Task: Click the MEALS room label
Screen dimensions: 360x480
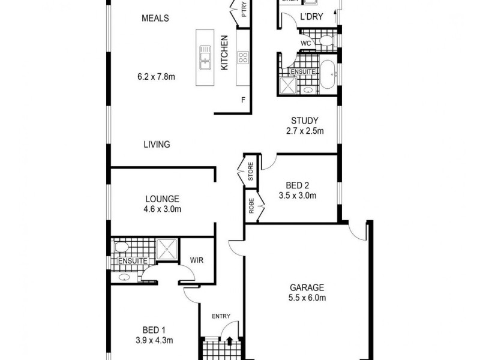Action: tap(155, 18)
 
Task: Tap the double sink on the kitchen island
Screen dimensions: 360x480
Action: tap(205, 58)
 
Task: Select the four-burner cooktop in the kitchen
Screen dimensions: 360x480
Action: tap(244, 58)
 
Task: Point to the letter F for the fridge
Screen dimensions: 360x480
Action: tap(243, 100)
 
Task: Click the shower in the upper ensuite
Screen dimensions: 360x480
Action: tap(287, 86)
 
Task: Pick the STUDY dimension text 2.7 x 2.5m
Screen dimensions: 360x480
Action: tap(305, 131)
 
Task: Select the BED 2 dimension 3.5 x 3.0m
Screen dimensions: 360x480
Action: tap(297, 195)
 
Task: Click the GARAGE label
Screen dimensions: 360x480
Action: tap(307, 287)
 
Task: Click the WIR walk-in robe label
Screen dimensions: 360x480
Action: tap(196, 260)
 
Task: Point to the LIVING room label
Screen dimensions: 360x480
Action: tap(157, 144)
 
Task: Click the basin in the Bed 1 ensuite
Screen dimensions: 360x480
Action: tap(124, 277)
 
